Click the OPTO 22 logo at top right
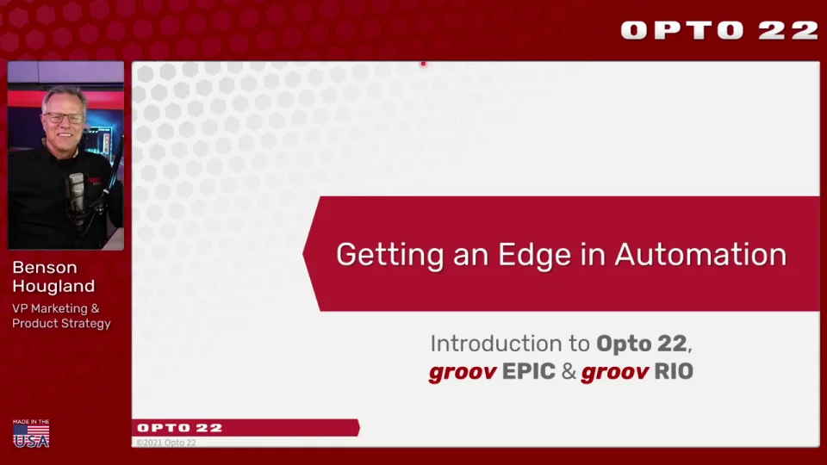click(x=719, y=30)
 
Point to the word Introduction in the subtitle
click(x=497, y=344)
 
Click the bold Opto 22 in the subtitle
click(x=642, y=344)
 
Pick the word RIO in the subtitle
click(x=673, y=372)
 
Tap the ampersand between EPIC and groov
click(x=569, y=372)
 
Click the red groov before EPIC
click(x=462, y=372)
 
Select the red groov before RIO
click(x=613, y=372)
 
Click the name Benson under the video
click(x=45, y=268)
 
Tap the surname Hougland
click(x=53, y=286)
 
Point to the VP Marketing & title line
click(x=56, y=308)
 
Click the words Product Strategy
click(x=61, y=324)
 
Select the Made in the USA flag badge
click(x=31, y=433)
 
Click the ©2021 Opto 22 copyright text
click(x=166, y=443)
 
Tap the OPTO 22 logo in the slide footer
click(x=180, y=427)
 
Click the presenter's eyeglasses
click(x=65, y=118)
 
